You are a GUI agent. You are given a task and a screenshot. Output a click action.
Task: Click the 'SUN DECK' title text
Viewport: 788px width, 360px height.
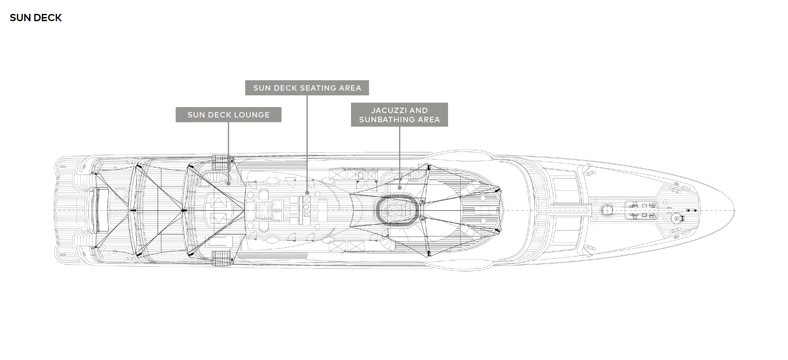click(x=36, y=18)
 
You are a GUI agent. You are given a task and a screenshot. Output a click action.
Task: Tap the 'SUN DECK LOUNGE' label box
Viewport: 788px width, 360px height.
click(x=228, y=115)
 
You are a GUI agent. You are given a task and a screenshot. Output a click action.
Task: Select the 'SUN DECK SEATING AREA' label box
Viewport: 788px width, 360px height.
click(x=307, y=88)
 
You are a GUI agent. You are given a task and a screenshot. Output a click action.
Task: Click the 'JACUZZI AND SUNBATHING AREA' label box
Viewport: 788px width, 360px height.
click(x=399, y=115)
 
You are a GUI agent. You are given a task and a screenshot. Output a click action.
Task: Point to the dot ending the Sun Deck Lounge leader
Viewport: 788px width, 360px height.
click(x=228, y=183)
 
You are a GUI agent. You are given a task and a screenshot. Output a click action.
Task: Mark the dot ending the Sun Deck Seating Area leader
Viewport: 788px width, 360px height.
click(x=307, y=193)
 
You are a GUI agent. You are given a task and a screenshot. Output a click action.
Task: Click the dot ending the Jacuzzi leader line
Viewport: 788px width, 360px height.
click(x=399, y=188)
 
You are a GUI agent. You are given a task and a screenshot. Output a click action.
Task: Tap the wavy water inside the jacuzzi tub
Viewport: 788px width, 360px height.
click(x=397, y=211)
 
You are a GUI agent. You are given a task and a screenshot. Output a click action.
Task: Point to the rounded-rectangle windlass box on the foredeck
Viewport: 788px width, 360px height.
click(x=641, y=210)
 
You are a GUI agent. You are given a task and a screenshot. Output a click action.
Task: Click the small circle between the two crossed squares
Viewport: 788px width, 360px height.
click(x=306, y=207)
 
